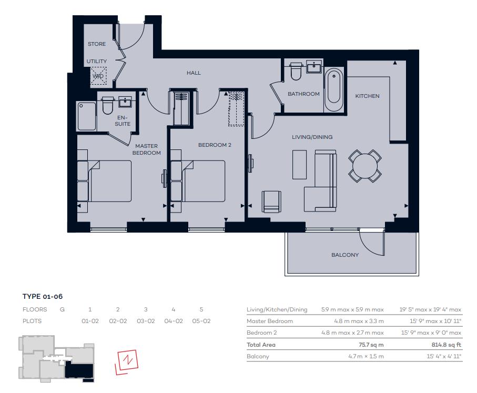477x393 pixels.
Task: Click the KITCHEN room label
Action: pyautogui.click(x=367, y=96)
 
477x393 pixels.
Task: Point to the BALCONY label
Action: pyautogui.click(x=344, y=255)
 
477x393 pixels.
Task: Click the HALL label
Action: pyautogui.click(x=194, y=73)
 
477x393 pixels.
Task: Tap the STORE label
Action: pyautogui.click(x=97, y=44)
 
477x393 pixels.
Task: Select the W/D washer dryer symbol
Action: pyautogui.click(x=98, y=76)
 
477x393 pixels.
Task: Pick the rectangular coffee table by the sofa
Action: pyautogui.click(x=299, y=164)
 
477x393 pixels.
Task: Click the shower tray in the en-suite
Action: pyautogui.click(x=87, y=116)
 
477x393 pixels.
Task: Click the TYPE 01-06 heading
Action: pyautogui.click(x=43, y=297)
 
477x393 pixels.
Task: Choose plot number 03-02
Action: pyautogui.click(x=146, y=321)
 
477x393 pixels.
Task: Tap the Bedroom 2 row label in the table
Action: pyautogui.click(x=261, y=333)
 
